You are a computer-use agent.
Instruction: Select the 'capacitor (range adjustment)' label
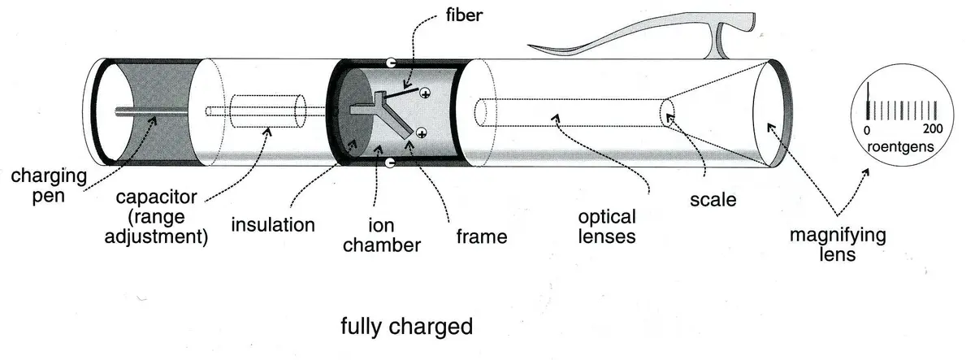(x=161, y=217)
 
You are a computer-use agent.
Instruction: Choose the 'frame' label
(x=480, y=237)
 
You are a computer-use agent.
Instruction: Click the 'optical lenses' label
(x=608, y=228)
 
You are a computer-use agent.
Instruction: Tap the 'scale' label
(x=711, y=198)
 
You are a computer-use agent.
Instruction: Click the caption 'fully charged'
(x=406, y=327)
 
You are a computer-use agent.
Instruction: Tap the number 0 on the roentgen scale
(x=867, y=131)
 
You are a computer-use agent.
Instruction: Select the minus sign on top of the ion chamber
(x=392, y=63)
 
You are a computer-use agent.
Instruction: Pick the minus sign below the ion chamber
(x=391, y=164)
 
